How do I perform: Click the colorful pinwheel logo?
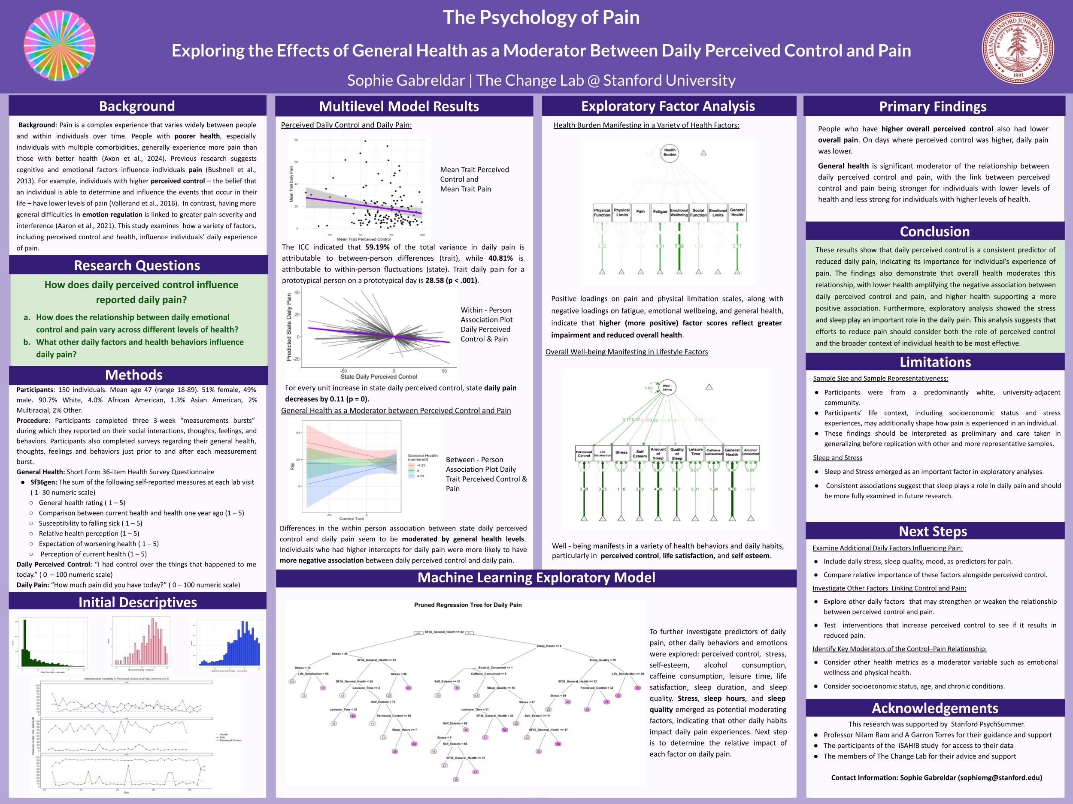59,45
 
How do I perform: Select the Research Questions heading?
137,265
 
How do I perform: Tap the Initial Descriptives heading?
138,602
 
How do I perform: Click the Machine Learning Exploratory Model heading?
536,578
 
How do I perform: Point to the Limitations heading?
935,362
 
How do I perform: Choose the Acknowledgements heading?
935,708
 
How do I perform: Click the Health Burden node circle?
670,153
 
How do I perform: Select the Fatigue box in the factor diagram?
660,212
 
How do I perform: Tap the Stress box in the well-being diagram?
621,453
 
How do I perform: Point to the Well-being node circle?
667,388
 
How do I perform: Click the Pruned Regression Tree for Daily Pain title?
468,605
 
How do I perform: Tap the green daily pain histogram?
51,644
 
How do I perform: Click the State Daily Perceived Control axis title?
379,376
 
